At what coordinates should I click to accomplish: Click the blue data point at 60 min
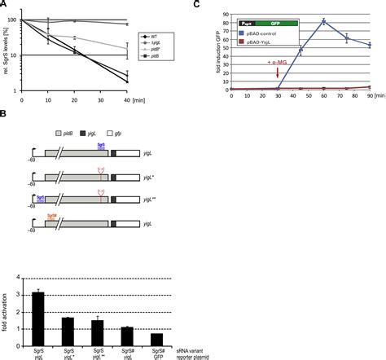(325, 21)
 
